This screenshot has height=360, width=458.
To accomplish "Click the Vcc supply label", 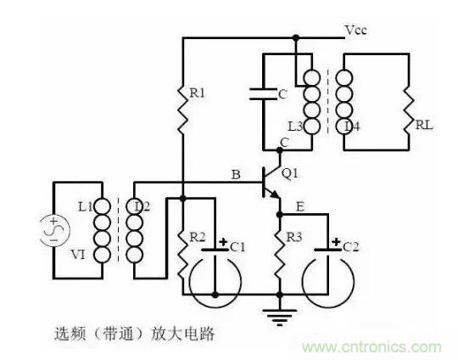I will (356, 31).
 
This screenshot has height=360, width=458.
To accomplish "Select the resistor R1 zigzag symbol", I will (182, 108).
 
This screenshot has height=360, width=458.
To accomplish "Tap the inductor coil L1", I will (102, 229).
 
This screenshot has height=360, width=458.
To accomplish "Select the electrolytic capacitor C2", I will (327, 255).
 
